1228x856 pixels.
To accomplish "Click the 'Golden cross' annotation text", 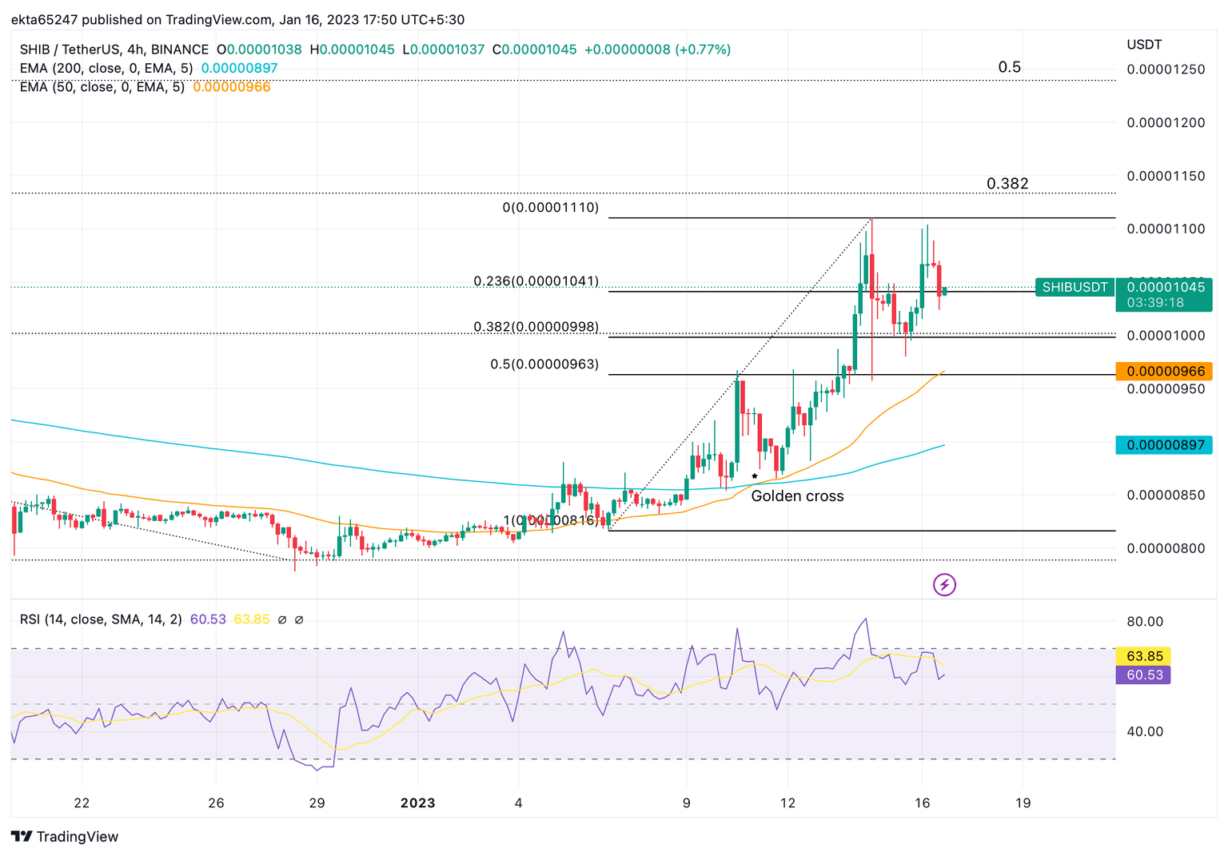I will click(x=797, y=496).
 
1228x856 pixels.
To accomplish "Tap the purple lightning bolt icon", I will click(x=944, y=585).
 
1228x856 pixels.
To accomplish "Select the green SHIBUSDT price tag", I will click(x=1074, y=288).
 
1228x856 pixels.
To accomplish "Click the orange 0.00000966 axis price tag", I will click(x=1164, y=372).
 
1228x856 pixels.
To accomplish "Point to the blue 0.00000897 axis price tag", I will click(x=1164, y=445).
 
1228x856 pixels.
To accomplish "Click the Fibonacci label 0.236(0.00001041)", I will click(x=536, y=281).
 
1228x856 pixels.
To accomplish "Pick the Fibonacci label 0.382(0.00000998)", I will click(x=536, y=327).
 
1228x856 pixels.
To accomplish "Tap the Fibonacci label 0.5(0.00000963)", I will click(x=544, y=364).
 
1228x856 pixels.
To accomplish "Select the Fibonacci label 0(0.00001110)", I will click(x=550, y=208).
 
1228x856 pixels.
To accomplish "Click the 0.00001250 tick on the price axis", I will click(x=1165, y=70).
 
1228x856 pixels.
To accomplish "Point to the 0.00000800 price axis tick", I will click(x=1165, y=549).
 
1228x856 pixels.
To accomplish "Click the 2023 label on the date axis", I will click(x=417, y=803).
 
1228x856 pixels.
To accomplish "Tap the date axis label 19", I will click(x=1023, y=803).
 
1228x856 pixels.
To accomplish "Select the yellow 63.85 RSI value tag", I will click(x=1144, y=656).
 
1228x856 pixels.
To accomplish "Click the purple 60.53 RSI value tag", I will click(x=1144, y=675).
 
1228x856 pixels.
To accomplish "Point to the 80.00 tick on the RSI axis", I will click(x=1145, y=622).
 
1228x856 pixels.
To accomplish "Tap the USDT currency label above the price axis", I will click(x=1144, y=45).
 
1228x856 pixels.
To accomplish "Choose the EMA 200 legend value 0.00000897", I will click(x=239, y=69).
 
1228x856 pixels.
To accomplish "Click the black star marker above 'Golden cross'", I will click(x=754, y=476).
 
